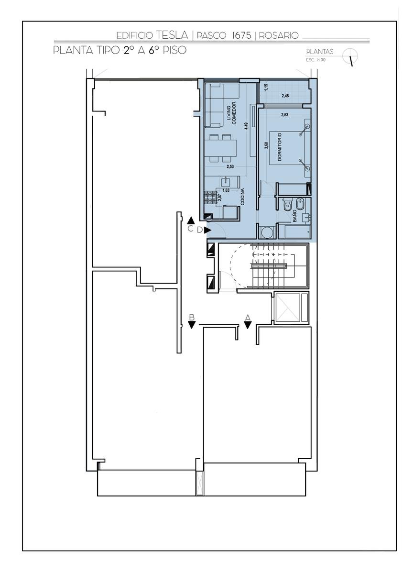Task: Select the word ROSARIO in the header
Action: (x=279, y=35)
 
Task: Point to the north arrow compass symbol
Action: (x=351, y=56)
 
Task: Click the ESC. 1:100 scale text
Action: (x=315, y=60)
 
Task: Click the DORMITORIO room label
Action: (x=279, y=146)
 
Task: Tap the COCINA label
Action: (x=242, y=197)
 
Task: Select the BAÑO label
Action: (x=295, y=216)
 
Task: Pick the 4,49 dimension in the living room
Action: (x=246, y=126)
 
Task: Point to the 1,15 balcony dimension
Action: (x=266, y=87)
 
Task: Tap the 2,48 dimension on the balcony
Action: (x=285, y=96)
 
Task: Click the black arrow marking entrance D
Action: (x=207, y=230)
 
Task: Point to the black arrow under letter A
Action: (x=247, y=325)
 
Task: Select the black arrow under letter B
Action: (x=192, y=325)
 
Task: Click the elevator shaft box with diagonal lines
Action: (x=287, y=307)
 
